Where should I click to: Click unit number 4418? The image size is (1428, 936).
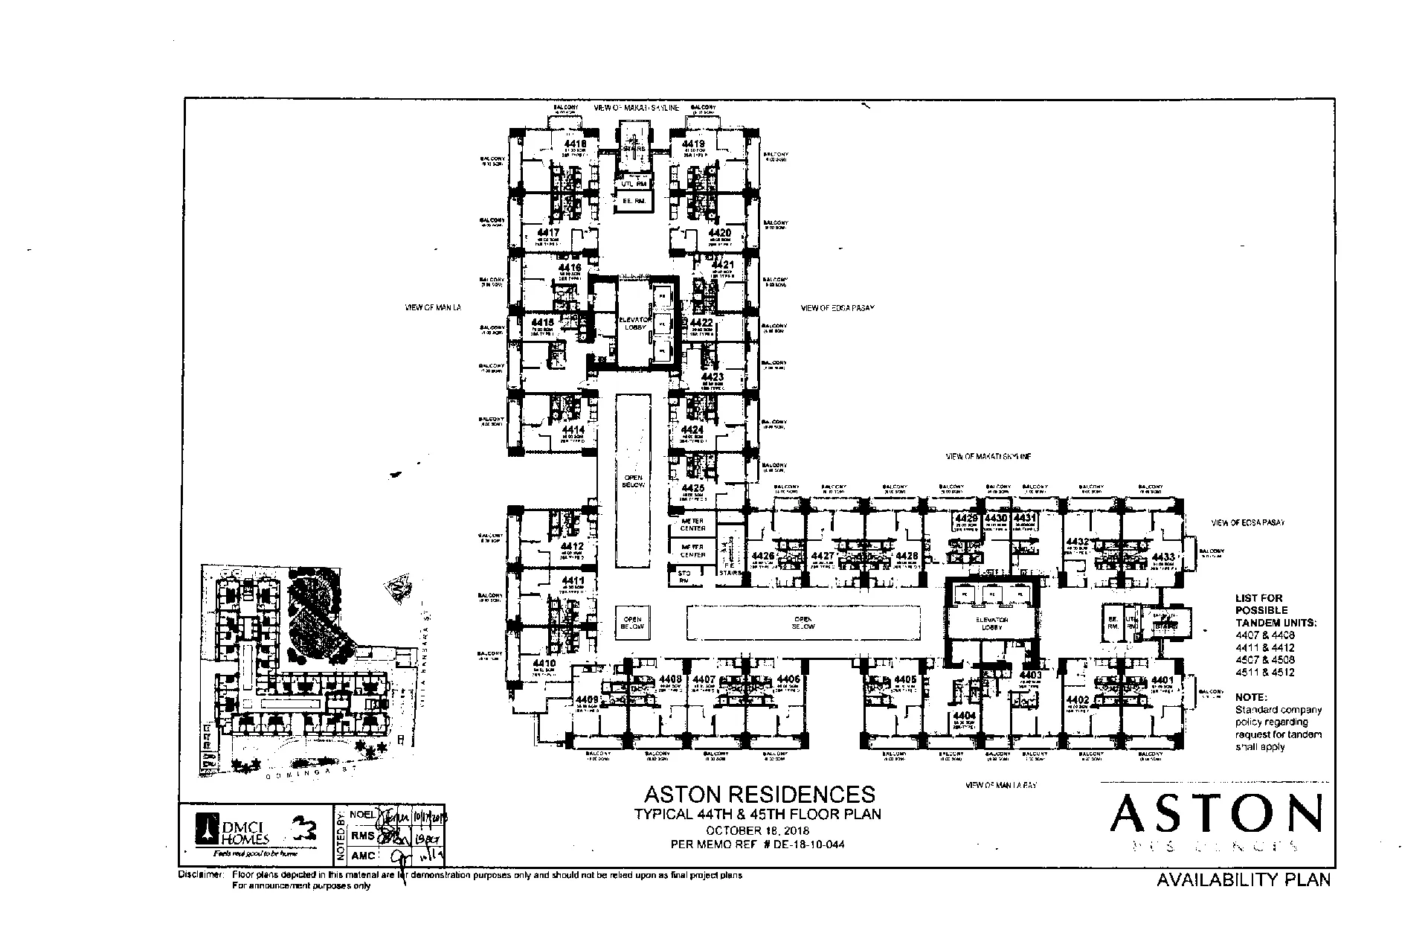(575, 144)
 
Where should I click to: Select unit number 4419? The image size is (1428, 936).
(693, 144)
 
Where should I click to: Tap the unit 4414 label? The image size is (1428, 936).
(573, 430)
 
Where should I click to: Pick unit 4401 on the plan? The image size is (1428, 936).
(1162, 680)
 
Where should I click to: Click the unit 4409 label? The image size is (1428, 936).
(587, 699)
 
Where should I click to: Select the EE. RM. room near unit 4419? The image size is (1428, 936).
(632, 201)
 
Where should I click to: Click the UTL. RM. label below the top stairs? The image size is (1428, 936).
(632, 182)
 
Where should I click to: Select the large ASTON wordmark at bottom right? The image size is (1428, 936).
(1216, 815)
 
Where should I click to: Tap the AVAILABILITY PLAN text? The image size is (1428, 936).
(1244, 880)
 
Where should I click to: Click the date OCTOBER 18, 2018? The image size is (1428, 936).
(758, 830)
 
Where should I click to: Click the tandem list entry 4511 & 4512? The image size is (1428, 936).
(1264, 673)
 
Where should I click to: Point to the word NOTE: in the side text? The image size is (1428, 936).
(1250, 697)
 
